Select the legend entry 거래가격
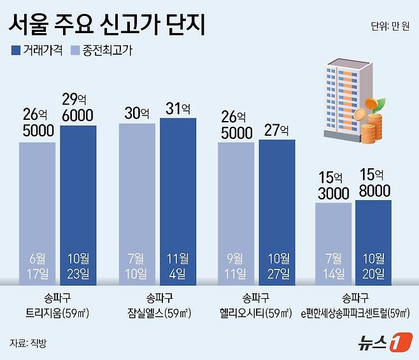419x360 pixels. [x=36, y=49]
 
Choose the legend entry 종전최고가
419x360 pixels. [x=101, y=49]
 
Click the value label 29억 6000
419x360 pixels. [x=78, y=107]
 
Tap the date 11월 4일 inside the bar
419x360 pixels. [x=178, y=265]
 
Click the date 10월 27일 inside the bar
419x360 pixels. [x=277, y=265]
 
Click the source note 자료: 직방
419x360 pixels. [x=29, y=343]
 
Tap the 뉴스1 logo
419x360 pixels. [x=378, y=341]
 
